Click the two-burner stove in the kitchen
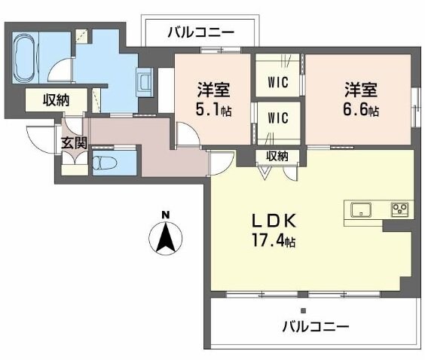399,209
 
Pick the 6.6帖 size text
362,110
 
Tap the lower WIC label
277,117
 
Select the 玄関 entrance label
74,142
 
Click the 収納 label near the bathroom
55,99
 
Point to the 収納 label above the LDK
277,156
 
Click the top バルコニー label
200,32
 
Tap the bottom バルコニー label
316,327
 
